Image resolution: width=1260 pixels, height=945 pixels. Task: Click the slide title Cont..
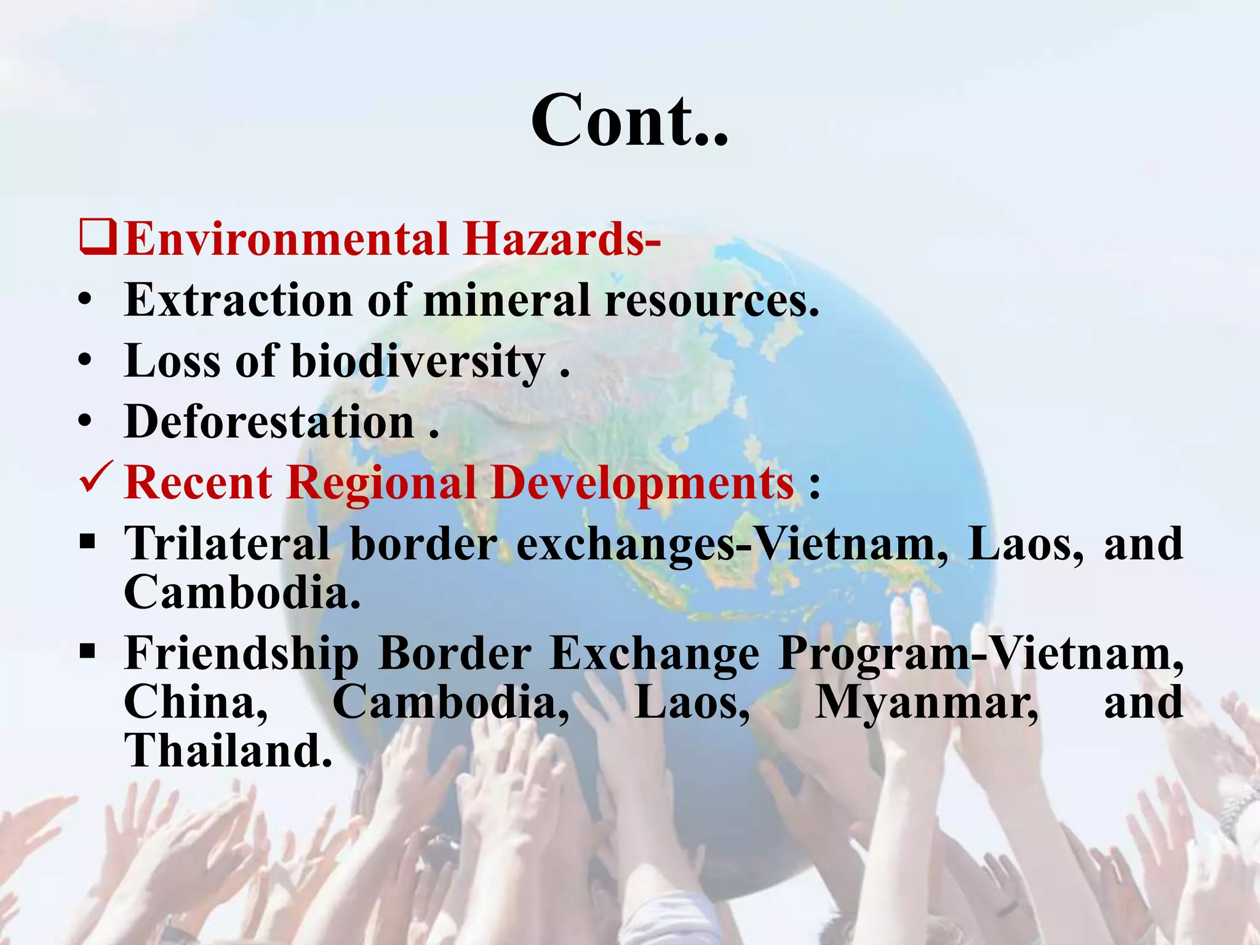tap(629, 120)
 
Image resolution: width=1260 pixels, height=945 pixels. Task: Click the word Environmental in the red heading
tap(287, 239)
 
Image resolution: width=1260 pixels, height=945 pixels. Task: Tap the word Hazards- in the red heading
tap(562, 239)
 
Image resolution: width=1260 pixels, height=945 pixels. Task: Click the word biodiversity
tap(418, 361)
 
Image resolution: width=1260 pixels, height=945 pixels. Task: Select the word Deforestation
tap(269, 422)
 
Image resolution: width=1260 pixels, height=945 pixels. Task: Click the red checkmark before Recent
tap(96, 480)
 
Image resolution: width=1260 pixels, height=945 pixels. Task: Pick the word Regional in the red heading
tap(381, 482)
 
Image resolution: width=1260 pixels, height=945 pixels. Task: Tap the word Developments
tap(642, 482)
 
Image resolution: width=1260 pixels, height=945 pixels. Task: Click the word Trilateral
tap(228, 543)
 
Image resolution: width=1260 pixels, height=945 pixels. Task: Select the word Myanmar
tap(927, 703)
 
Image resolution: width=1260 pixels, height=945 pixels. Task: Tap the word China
tap(196, 702)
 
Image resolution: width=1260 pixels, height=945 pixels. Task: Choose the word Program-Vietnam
tap(981, 653)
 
